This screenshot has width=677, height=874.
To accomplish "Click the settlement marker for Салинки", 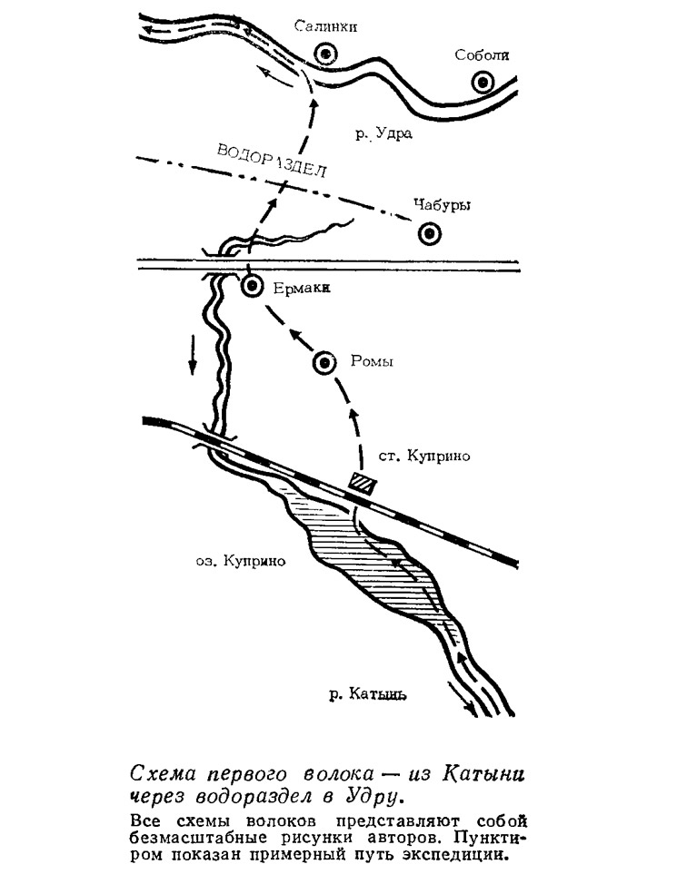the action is (324, 54).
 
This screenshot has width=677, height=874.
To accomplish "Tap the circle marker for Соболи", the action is (483, 83).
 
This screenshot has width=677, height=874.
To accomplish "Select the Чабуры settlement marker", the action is (429, 233).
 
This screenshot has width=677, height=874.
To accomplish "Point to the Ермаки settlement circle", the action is (253, 286).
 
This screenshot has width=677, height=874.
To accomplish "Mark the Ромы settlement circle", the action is (324, 363).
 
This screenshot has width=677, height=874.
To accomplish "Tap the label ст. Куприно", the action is (424, 457).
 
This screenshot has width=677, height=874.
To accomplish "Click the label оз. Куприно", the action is (241, 561).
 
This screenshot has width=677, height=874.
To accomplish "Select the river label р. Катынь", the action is (367, 694).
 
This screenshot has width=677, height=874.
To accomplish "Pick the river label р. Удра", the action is (384, 133).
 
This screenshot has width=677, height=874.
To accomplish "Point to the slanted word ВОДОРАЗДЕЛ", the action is (271, 161).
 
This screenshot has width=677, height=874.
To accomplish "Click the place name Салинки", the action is (325, 26).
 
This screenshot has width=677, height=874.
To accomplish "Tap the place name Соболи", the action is (482, 54).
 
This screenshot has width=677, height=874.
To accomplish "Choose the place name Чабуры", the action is (442, 205).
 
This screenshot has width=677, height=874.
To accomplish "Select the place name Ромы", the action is (372, 361).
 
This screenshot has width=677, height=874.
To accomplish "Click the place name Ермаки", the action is (302, 289).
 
